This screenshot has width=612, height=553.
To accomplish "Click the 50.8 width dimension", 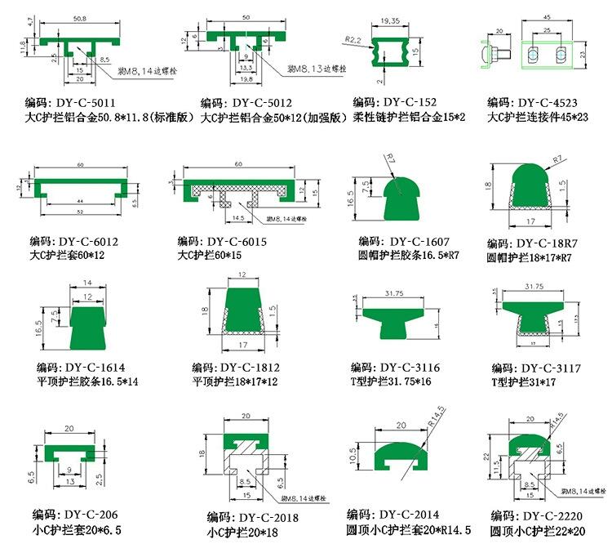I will click(80, 16).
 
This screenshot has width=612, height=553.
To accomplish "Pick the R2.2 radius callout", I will click(353, 38).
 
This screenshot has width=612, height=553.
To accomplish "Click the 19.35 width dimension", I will click(391, 20).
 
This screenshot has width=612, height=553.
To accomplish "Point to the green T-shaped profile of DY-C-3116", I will click(393, 315).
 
